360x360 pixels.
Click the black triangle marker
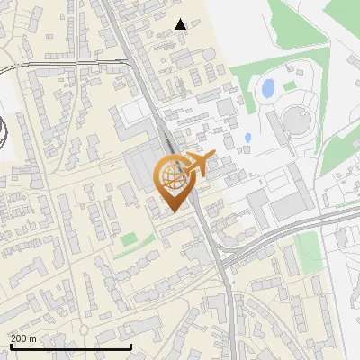(x=181, y=24)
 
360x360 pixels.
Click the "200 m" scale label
(x=23, y=338)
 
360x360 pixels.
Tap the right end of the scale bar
(x=131, y=346)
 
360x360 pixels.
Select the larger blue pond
(x=267, y=88)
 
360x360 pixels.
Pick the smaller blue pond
(x=247, y=139)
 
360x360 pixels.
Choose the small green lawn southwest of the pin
(x=130, y=239)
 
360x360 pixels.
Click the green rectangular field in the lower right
(x=308, y=245)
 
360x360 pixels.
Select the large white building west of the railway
(x=131, y=112)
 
